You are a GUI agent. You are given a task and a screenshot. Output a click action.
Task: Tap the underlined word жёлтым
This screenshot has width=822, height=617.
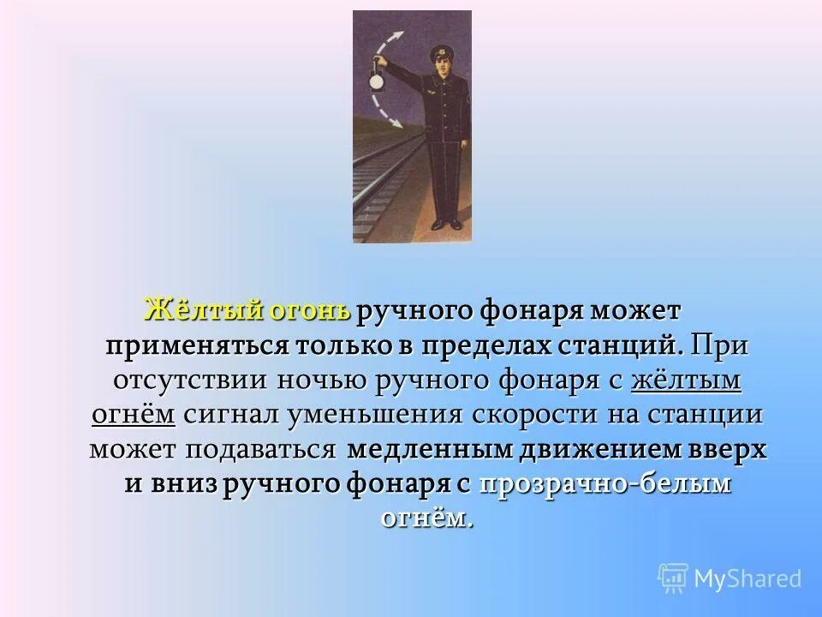tap(685, 381)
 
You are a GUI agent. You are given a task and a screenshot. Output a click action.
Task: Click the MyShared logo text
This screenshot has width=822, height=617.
tap(747, 578)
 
